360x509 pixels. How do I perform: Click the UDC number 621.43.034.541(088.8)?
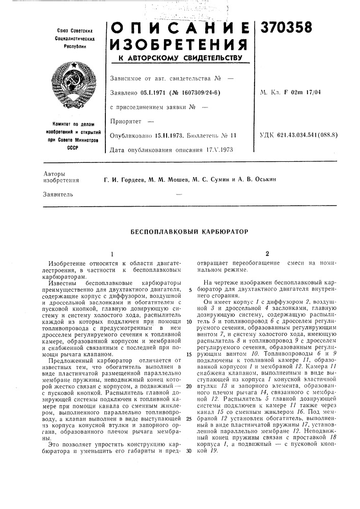(312, 136)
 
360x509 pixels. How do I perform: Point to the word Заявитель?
(59, 194)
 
